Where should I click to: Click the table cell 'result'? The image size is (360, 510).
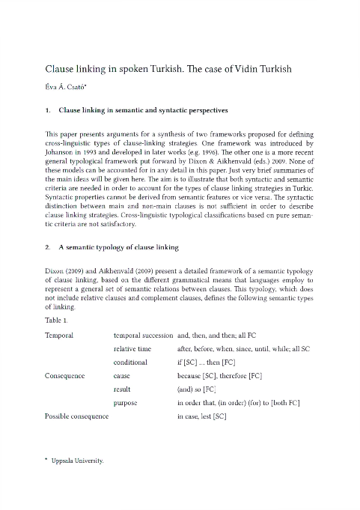click(122, 389)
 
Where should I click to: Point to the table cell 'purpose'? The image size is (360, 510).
click(126, 403)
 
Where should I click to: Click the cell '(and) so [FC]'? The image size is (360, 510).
click(197, 389)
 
